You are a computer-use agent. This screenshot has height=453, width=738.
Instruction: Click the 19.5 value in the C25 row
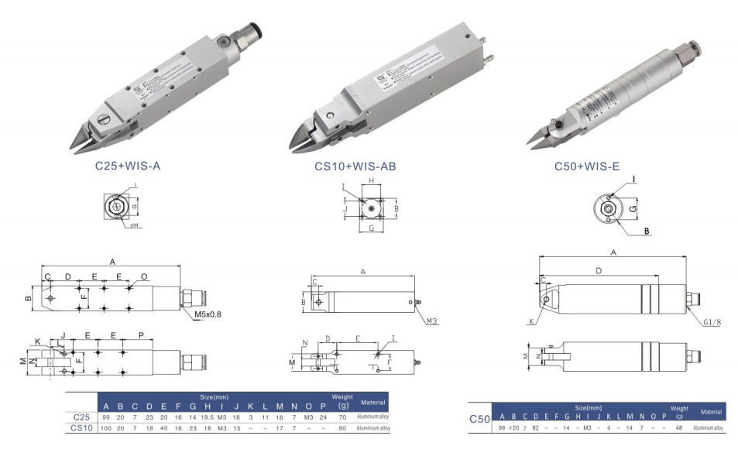click(x=207, y=417)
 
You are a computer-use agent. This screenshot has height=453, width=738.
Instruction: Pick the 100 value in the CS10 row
click(x=106, y=427)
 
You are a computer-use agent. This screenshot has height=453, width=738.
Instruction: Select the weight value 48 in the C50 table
click(x=678, y=427)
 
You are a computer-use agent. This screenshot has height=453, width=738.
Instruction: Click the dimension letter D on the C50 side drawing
click(x=598, y=270)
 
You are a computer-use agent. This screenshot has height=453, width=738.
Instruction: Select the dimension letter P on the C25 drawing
click(x=140, y=335)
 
